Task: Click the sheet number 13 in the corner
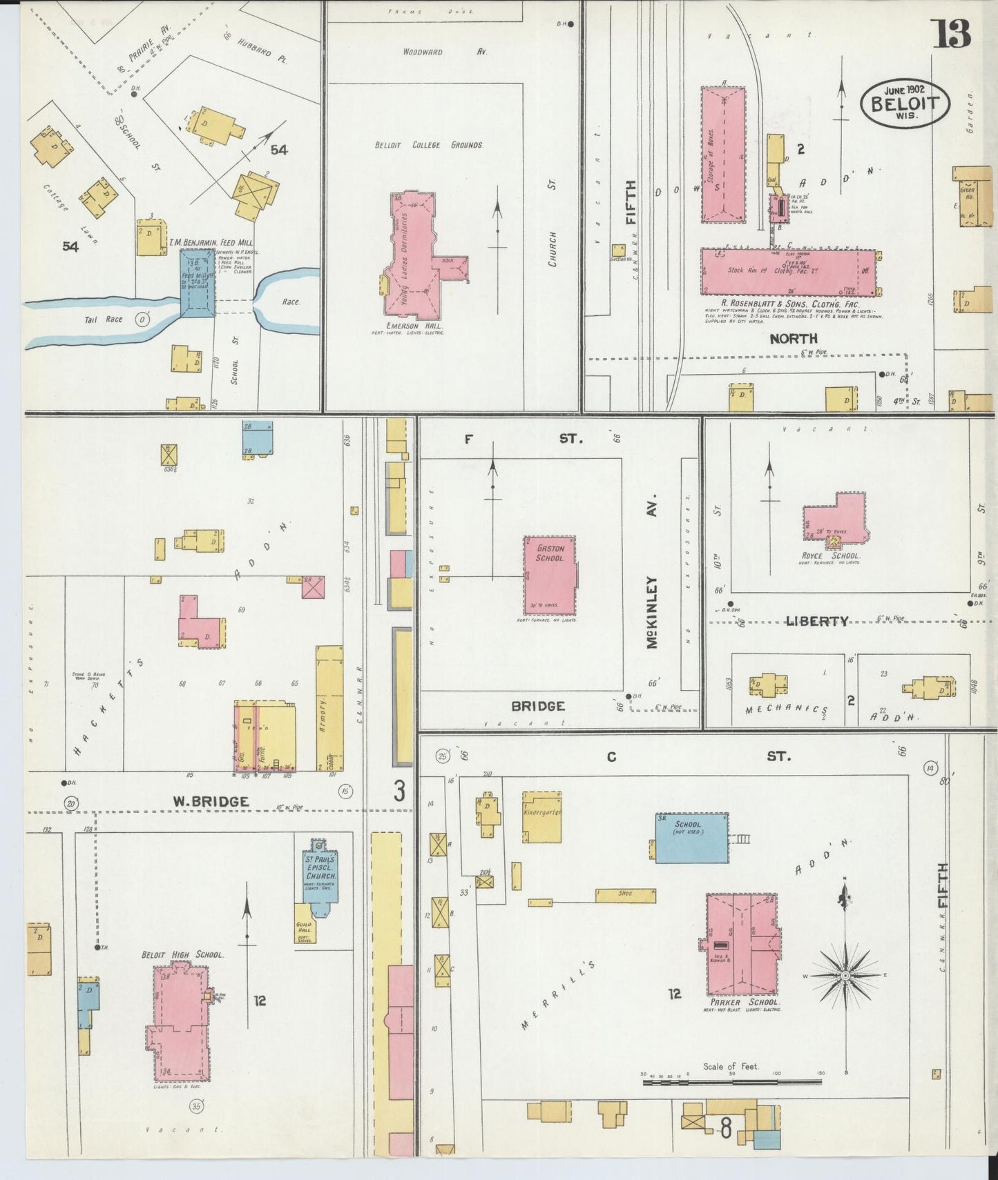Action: [x=952, y=33]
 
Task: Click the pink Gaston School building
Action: [x=550, y=575]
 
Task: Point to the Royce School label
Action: [x=836, y=555]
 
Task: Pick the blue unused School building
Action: [x=691, y=838]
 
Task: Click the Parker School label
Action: [x=744, y=1002]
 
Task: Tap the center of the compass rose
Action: [x=844, y=976]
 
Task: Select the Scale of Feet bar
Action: [x=732, y=1082]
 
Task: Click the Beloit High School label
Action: [x=182, y=954]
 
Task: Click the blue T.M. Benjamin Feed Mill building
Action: [x=198, y=283]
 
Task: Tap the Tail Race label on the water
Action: [x=104, y=319]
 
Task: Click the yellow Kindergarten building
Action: [x=541, y=817]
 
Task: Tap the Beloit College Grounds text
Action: [x=429, y=145]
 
